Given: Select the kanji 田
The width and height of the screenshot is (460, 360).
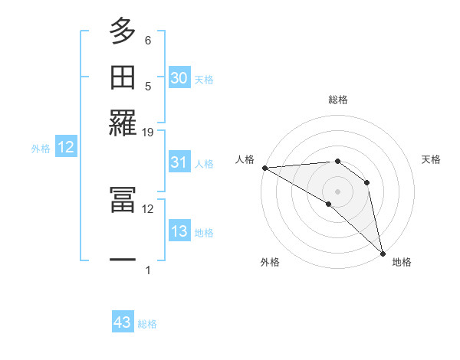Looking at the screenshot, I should point(123,77).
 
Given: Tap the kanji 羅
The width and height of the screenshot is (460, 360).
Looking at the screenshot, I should point(123,123).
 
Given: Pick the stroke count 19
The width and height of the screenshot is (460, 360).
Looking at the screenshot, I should point(148,132).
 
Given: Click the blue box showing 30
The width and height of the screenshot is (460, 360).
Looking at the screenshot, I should point(179,78).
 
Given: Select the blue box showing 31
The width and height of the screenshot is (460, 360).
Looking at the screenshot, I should point(179,162).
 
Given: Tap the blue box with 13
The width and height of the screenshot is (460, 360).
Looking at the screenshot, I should point(179,231).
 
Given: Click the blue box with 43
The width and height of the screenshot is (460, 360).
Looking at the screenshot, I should point(123,322).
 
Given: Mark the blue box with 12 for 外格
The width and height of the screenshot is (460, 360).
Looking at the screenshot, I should point(66,148).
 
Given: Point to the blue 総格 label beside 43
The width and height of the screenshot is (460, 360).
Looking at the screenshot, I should point(147,324).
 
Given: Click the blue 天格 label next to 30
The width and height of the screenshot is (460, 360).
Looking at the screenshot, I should point(204,80).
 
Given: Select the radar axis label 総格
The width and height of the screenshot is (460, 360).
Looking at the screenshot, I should point(338,100).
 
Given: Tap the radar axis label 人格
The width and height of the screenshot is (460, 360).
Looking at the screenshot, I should point(245,159).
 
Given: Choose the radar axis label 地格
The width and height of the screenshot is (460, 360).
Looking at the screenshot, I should point(402,262).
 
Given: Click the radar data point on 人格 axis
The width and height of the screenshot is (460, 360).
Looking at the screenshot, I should point(264,168).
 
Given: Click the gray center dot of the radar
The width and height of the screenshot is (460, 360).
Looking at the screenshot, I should point(337,190).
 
